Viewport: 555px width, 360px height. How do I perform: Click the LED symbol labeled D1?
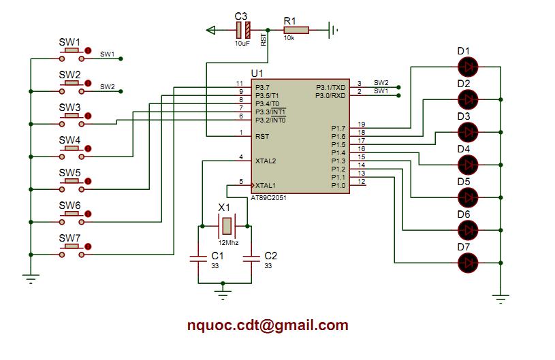tap(468, 66)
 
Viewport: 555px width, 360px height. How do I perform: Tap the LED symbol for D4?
tap(468, 164)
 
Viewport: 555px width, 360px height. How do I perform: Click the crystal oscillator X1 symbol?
tap(225, 224)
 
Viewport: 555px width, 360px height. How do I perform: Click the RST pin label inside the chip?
tap(261, 136)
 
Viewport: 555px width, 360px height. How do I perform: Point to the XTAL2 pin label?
tap(266, 161)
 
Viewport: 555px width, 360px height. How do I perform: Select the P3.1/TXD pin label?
tap(331, 88)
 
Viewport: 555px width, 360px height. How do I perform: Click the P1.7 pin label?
tap(338, 128)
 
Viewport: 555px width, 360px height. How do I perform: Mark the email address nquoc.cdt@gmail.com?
tap(268, 325)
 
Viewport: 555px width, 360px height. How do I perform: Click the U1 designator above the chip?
tap(257, 73)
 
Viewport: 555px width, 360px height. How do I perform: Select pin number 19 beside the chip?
tap(362, 124)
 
